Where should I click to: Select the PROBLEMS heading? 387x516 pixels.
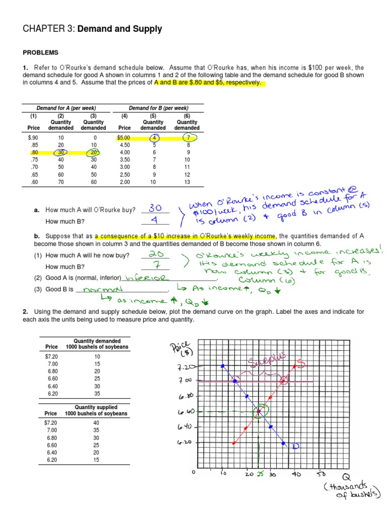(40, 52)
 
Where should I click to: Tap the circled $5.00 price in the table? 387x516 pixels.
(124, 137)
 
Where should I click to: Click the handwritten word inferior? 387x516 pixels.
(145, 278)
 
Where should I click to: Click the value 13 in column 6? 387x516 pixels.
(186, 182)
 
